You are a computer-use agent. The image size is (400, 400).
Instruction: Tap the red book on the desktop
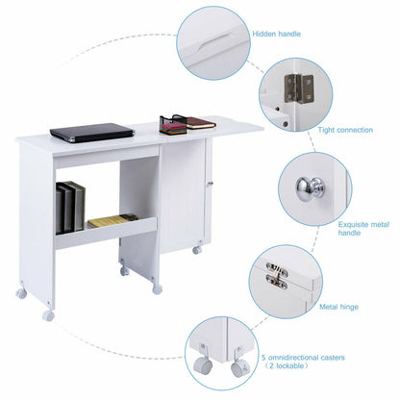pos(198,123)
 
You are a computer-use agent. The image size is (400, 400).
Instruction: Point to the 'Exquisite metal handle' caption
pos(363,229)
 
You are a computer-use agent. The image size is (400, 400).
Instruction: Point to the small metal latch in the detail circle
pos(277,279)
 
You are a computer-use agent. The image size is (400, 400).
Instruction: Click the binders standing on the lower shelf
pos(70,207)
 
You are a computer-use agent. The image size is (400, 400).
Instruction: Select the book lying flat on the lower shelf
pos(113,221)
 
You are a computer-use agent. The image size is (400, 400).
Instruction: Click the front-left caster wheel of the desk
pos(48,314)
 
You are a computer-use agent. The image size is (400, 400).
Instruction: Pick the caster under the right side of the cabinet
pos(196,250)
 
